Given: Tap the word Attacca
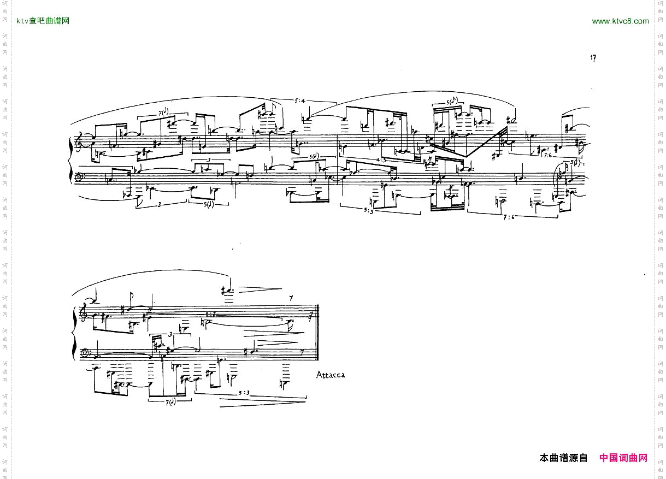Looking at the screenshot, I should [331, 375].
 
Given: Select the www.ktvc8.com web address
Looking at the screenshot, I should [620, 21].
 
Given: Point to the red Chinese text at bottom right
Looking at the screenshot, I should [623, 458].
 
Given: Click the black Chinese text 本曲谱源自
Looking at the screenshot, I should [563, 458].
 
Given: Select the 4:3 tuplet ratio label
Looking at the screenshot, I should [381, 159].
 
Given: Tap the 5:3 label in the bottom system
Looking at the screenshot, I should [244, 393].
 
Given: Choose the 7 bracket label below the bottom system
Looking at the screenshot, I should [171, 403].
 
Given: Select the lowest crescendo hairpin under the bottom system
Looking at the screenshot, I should [261, 404].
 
